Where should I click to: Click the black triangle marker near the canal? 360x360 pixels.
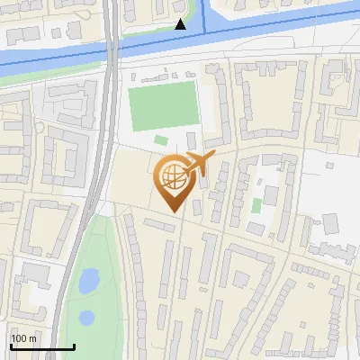181,24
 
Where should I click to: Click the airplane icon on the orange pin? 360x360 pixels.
199,164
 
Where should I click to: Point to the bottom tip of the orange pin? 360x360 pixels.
171,212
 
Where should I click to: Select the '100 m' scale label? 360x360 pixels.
23,338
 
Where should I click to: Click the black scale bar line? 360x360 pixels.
42,346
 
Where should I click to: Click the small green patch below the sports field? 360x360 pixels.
160,139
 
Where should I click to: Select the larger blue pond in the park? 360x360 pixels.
88,283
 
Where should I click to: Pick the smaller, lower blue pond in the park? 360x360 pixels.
86,317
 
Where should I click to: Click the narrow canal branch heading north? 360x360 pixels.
204,16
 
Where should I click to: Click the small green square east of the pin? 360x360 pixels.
256,205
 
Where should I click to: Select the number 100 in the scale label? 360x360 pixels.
19,338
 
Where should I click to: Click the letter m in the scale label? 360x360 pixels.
32,338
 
